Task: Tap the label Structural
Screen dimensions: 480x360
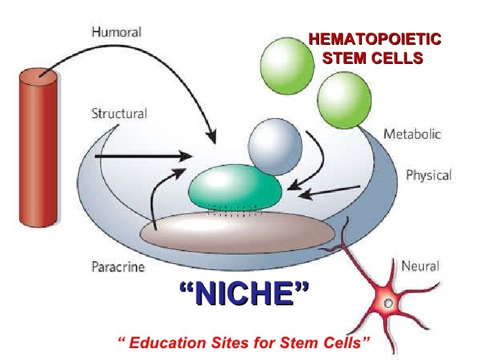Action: [118, 113]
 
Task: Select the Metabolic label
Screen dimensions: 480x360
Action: [413, 134]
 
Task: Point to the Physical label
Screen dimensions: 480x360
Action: [428, 175]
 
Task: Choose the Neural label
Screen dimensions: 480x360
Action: [420, 266]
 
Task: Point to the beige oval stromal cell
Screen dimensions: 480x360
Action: [238, 231]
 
